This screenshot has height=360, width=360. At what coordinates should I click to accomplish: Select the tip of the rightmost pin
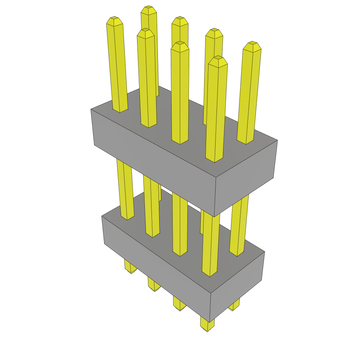[252, 44]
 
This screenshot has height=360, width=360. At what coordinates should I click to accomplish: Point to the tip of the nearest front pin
[218, 59]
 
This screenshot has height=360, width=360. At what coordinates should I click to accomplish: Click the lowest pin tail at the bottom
[207, 325]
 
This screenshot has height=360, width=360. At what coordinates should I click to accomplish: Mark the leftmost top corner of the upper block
[91, 109]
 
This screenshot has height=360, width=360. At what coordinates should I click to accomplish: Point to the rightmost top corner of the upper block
[277, 140]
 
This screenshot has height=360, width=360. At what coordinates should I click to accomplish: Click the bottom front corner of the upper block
[214, 217]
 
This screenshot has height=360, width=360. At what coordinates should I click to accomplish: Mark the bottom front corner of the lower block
[210, 322]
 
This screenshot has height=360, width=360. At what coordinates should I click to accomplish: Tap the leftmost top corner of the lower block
[102, 216]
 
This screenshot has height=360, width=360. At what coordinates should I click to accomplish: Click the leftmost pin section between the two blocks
[125, 190]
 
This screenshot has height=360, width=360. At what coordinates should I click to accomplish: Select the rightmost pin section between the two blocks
[239, 225]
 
